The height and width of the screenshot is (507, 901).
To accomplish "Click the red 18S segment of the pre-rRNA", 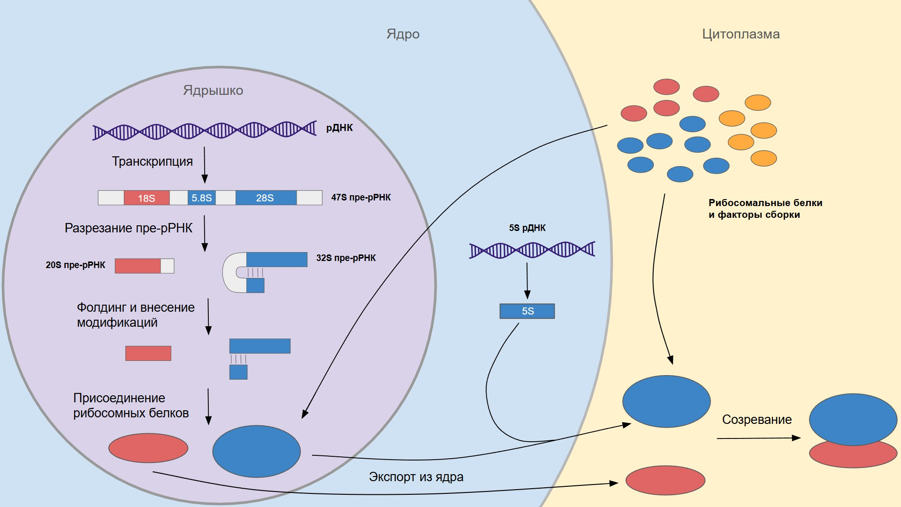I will tap(146, 198).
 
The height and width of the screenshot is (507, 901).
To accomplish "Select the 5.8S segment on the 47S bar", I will tap(202, 198).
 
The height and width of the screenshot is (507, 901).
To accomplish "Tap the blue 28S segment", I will tap(266, 198).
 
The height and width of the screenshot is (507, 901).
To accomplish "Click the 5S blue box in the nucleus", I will tap(527, 311).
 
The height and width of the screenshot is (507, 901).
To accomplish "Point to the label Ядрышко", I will tap(213, 90).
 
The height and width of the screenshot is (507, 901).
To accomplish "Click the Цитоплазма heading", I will tap(741, 34).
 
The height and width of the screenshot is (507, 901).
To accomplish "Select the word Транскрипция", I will tap(152, 161).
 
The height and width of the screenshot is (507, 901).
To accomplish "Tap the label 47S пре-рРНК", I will tap(361, 198).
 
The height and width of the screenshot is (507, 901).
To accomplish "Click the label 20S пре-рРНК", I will tap(75, 265).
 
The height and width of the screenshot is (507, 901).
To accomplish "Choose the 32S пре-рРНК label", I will tap(346, 258).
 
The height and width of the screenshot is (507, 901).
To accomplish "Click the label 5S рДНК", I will tap(527, 228).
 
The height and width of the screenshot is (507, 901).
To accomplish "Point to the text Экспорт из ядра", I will tap(416, 477).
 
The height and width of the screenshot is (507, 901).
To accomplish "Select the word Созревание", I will tap(756, 420).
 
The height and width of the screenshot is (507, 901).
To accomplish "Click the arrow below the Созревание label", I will tap(758, 438).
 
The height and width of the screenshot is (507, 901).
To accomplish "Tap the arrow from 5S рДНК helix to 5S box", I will tap(527, 281).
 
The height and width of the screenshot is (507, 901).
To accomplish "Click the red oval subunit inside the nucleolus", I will tap(148, 448).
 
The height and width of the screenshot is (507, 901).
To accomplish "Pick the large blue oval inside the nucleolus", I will tap(256, 451).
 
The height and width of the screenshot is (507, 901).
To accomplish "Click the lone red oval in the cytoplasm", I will tap(665, 480).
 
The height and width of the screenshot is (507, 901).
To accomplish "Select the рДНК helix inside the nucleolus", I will tap(205, 130).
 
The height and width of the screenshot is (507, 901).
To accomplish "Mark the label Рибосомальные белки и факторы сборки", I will tap(765, 209).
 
